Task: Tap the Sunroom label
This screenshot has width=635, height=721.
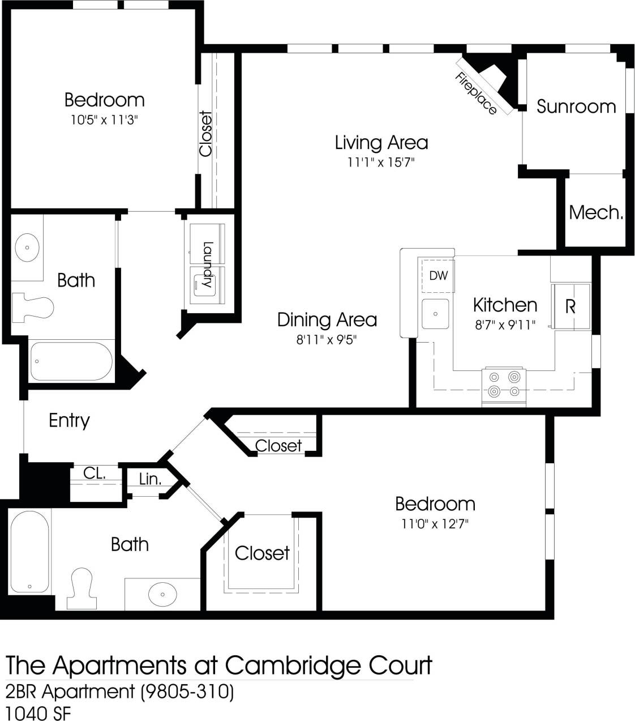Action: coord(576,106)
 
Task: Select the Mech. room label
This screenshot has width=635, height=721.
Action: coord(595,212)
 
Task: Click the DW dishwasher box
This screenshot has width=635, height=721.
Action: coord(437,276)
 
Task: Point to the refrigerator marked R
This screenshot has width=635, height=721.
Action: coord(570,306)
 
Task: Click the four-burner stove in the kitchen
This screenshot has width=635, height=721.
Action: coord(504,384)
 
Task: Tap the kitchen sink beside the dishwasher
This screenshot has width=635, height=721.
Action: coord(435,313)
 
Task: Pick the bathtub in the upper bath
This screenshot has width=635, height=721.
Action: coord(71,361)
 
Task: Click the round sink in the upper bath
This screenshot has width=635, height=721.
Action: coord(27,248)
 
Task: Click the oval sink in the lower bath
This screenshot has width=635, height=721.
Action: coord(163,594)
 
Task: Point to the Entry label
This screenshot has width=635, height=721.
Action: coord(69,420)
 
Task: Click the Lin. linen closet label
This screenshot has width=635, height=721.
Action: coord(150,479)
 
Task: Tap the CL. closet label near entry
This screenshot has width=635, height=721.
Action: coord(95,473)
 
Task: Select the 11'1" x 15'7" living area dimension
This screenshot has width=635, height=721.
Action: coord(381,163)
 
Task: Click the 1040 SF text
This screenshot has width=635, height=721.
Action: coord(38,713)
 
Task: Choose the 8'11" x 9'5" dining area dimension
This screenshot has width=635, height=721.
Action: coord(327,340)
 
